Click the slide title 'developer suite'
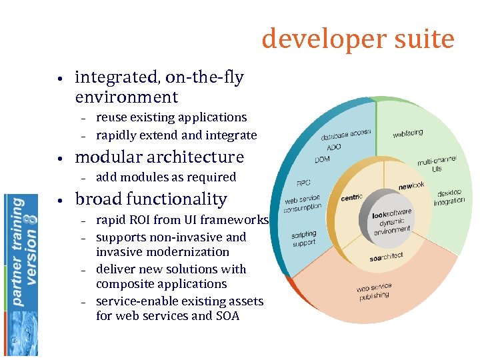(x=358, y=39)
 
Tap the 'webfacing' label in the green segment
(x=407, y=133)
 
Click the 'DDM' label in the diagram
(x=322, y=159)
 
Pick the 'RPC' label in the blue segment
(x=303, y=183)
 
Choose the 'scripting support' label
(x=303, y=239)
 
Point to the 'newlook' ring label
(x=411, y=185)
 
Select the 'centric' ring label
(x=351, y=197)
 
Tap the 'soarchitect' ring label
(x=386, y=257)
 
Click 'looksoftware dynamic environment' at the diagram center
(x=391, y=223)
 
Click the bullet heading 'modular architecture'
(x=159, y=157)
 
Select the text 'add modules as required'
(x=166, y=177)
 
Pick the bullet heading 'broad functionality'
(x=151, y=199)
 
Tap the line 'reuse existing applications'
(x=171, y=117)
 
